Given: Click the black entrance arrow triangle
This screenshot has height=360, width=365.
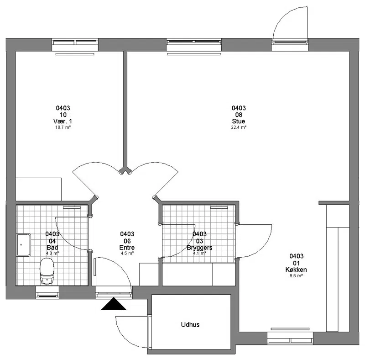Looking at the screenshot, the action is pyautogui.click(x=114, y=304).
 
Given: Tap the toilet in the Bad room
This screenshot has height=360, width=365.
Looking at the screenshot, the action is pyautogui.click(x=47, y=271).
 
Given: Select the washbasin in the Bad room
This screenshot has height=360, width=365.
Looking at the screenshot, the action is pyautogui.click(x=24, y=245).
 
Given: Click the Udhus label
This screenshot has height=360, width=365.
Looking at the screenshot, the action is pyautogui.click(x=190, y=324).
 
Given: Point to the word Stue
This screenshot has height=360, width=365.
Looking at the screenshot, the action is pyautogui.click(x=238, y=121).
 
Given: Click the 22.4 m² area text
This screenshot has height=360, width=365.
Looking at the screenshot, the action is pyautogui.click(x=239, y=127).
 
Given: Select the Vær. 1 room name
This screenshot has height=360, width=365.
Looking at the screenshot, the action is pyautogui.click(x=63, y=121).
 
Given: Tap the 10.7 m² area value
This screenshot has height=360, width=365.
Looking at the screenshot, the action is pyautogui.click(x=63, y=127).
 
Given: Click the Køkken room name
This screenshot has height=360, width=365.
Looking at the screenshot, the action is pyautogui.click(x=296, y=270).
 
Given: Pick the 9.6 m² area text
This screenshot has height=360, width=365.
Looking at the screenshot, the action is pyautogui.click(x=296, y=276).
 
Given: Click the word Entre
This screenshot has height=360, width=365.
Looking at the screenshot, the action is pyautogui.click(x=127, y=248).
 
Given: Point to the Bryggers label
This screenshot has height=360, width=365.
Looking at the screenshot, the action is pyautogui.click(x=199, y=248).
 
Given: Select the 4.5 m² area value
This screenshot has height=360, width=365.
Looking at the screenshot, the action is pyautogui.click(x=127, y=253).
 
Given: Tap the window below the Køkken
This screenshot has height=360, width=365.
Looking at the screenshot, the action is pyautogui.click(x=290, y=338).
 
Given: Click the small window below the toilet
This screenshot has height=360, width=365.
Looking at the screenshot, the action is pyautogui.click(x=47, y=292).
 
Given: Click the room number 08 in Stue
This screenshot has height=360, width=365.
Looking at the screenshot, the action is pyautogui.click(x=239, y=115).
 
